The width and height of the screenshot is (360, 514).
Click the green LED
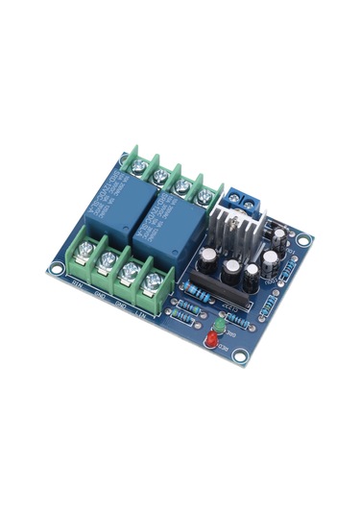(x=219, y=330)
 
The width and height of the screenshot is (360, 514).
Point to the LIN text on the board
(x=140, y=313)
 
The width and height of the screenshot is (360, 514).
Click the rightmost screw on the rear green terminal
(x=204, y=196)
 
